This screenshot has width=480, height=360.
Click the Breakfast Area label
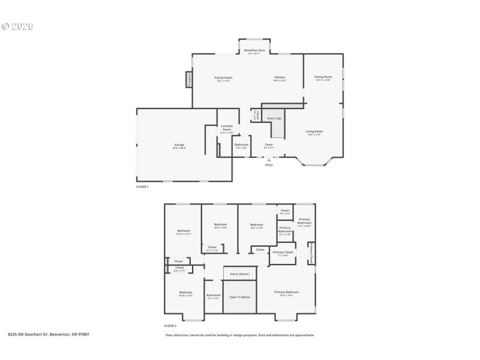click(254, 50)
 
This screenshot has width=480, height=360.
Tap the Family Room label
click(223, 77)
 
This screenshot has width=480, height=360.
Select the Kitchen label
click(280, 77)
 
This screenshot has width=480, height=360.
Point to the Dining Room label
click(323, 77)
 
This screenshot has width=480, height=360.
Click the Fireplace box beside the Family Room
click(188, 80)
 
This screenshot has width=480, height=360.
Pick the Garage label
click(179, 145)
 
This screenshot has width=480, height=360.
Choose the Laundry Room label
click(227, 128)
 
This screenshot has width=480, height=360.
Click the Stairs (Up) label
click(275, 118)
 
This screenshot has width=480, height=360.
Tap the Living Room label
click(314, 131)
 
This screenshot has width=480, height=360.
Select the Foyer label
click(269, 145)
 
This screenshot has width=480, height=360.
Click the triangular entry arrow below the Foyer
click(269, 160)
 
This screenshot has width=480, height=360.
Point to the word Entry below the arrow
click(269, 165)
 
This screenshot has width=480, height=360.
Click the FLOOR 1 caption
click(142, 187)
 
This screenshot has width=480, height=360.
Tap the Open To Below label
click(239, 297)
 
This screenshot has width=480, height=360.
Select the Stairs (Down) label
click(239, 274)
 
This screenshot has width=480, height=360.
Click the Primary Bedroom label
click(286, 292)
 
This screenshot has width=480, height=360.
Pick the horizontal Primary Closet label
click(283, 252)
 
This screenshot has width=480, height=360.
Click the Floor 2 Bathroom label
click(214, 295)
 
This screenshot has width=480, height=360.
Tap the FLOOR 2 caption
click(171, 326)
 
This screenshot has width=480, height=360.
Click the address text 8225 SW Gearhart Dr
click(27, 334)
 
